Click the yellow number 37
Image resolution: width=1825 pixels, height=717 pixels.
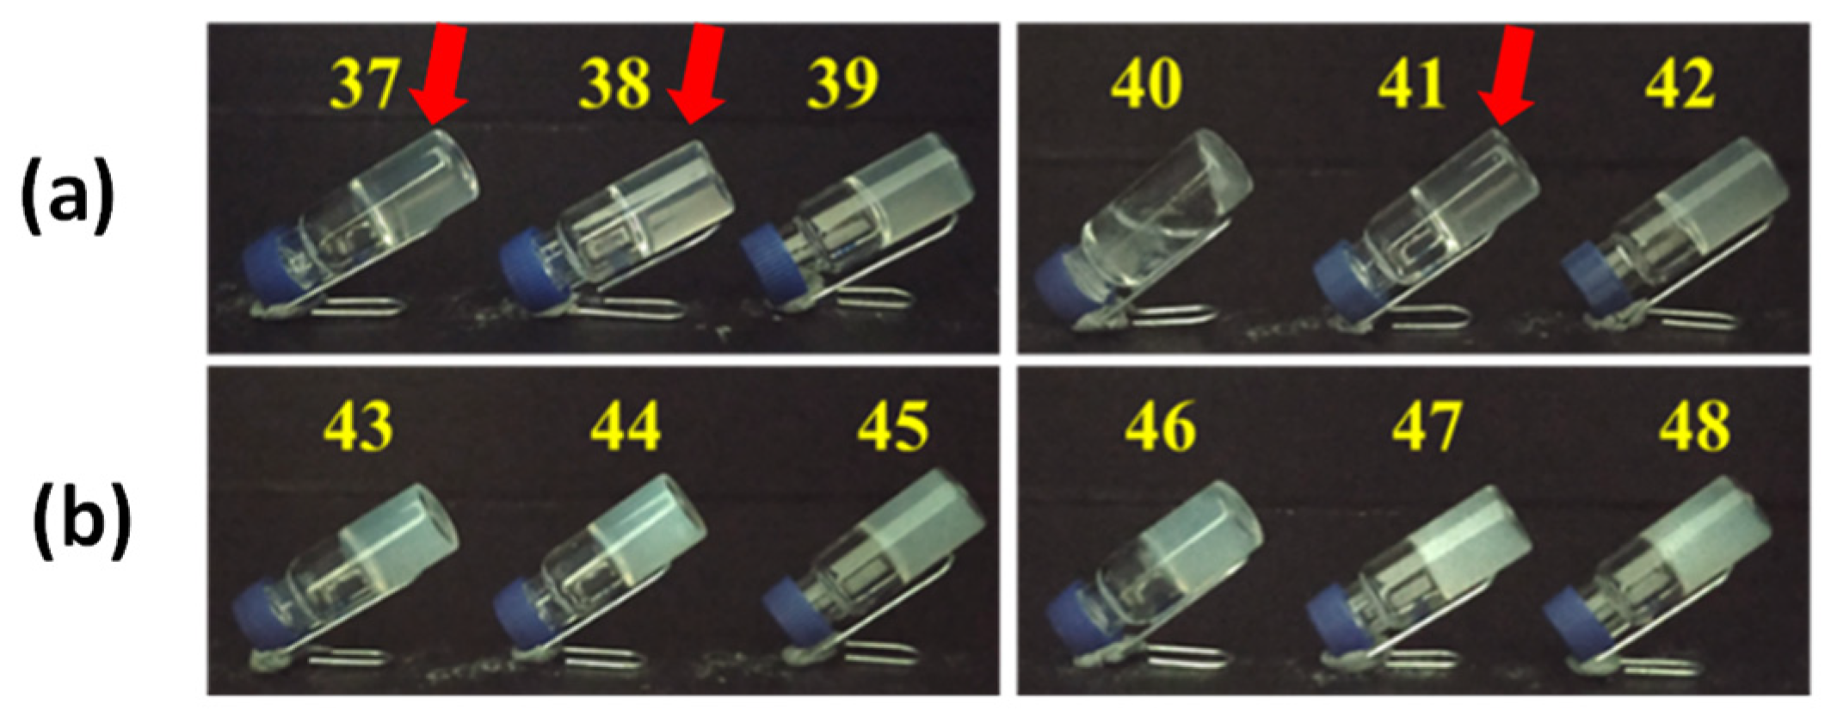point(364,84)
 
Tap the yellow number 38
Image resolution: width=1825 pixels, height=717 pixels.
point(614,84)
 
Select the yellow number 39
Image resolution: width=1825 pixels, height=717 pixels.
point(842,84)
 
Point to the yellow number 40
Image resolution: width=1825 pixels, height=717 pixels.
point(1145,84)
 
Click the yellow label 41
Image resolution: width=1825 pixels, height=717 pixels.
point(1412,84)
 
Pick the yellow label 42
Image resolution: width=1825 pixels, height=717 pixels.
point(1680,84)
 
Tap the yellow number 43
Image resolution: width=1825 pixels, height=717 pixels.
point(359,426)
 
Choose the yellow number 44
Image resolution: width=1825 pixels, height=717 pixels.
point(626,426)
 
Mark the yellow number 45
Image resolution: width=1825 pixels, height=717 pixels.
point(893,426)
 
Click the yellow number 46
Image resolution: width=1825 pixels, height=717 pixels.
point(1160,426)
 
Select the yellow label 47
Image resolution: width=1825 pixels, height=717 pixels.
point(1426,426)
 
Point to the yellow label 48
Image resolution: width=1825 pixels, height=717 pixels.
point(1694,426)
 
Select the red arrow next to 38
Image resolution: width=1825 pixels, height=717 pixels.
point(699,76)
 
